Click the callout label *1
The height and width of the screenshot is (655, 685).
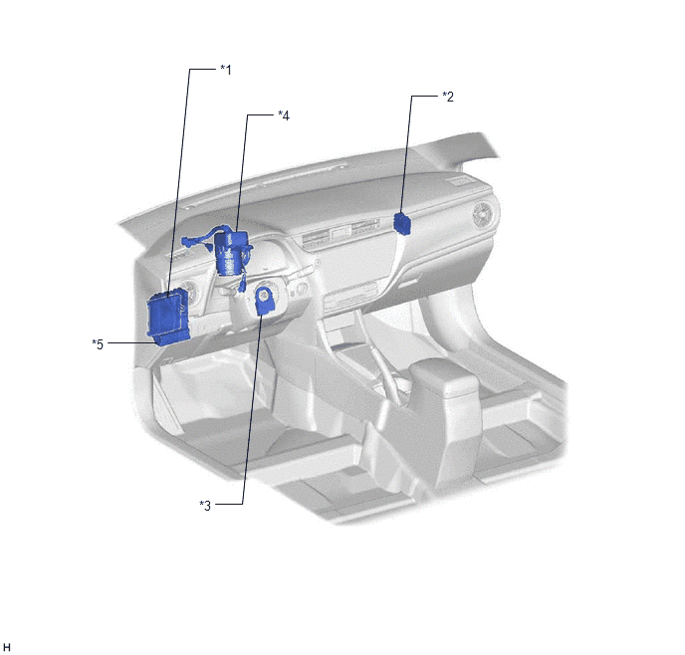tap(226, 70)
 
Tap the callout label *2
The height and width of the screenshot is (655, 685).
tap(448, 97)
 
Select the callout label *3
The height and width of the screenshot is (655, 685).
tap(205, 506)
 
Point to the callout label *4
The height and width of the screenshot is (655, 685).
tap(284, 115)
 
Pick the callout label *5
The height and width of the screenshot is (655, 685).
tap(98, 344)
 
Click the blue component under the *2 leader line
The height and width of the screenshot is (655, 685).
tap(402, 224)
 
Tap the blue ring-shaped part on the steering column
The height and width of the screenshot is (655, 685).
tap(264, 300)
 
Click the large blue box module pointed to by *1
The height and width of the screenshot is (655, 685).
tap(167, 314)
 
